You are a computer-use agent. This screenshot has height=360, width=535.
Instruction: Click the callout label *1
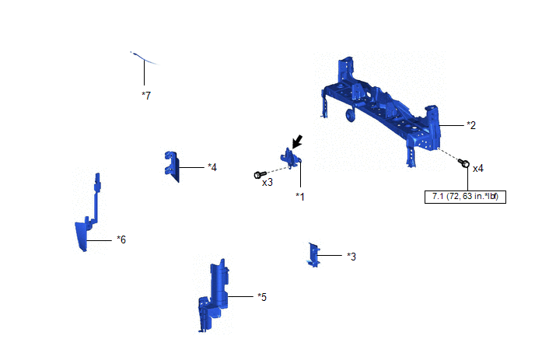300,197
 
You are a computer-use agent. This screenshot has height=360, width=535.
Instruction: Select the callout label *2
471,125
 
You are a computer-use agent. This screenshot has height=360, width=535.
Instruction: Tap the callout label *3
351,257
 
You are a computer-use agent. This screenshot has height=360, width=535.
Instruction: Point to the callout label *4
212,167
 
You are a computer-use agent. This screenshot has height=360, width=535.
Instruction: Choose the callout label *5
262,297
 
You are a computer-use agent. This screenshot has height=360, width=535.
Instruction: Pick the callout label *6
121,239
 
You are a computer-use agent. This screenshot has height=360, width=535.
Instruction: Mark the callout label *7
146,96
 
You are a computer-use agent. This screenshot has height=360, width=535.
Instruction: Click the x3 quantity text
267,183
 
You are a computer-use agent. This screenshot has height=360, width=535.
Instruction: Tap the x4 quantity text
477,168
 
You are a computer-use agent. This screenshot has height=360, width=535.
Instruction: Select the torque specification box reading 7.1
465,197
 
